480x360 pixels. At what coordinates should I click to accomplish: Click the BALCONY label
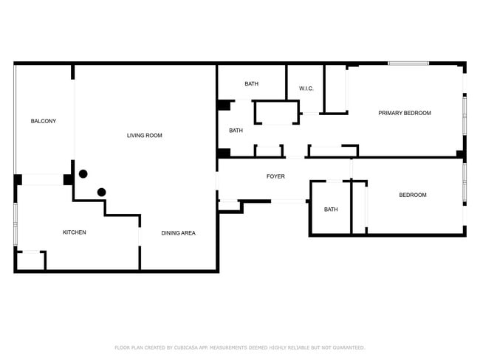pyautogui.click(x=43, y=121)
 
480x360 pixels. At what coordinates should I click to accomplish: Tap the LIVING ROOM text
pyautogui.click(x=144, y=135)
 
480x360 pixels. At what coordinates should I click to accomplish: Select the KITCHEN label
pyautogui.click(x=74, y=232)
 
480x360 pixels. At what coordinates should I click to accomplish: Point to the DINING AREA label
pyautogui.click(x=178, y=233)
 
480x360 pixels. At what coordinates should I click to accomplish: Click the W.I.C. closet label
pyautogui.click(x=306, y=89)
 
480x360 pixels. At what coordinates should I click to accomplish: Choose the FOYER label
pyautogui.click(x=275, y=176)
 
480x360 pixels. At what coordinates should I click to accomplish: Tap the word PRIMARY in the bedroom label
pyautogui.click(x=391, y=113)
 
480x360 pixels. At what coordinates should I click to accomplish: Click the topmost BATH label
pyautogui.click(x=251, y=83)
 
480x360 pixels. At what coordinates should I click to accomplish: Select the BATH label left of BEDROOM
pyautogui.click(x=331, y=210)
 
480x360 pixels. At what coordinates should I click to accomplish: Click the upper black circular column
pyautogui.click(x=83, y=174)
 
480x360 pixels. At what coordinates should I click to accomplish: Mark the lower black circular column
pyautogui.click(x=102, y=192)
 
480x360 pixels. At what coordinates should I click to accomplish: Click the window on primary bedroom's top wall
pyautogui.click(x=408, y=63)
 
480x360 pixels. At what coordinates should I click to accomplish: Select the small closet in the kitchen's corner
pyautogui.click(x=30, y=261)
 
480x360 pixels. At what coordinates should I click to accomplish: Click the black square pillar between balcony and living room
pyautogui.click(x=67, y=179)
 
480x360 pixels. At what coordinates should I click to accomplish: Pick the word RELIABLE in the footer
pyautogui.click(x=299, y=347)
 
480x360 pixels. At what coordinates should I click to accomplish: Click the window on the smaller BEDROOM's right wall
pyautogui.click(x=464, y=182)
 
